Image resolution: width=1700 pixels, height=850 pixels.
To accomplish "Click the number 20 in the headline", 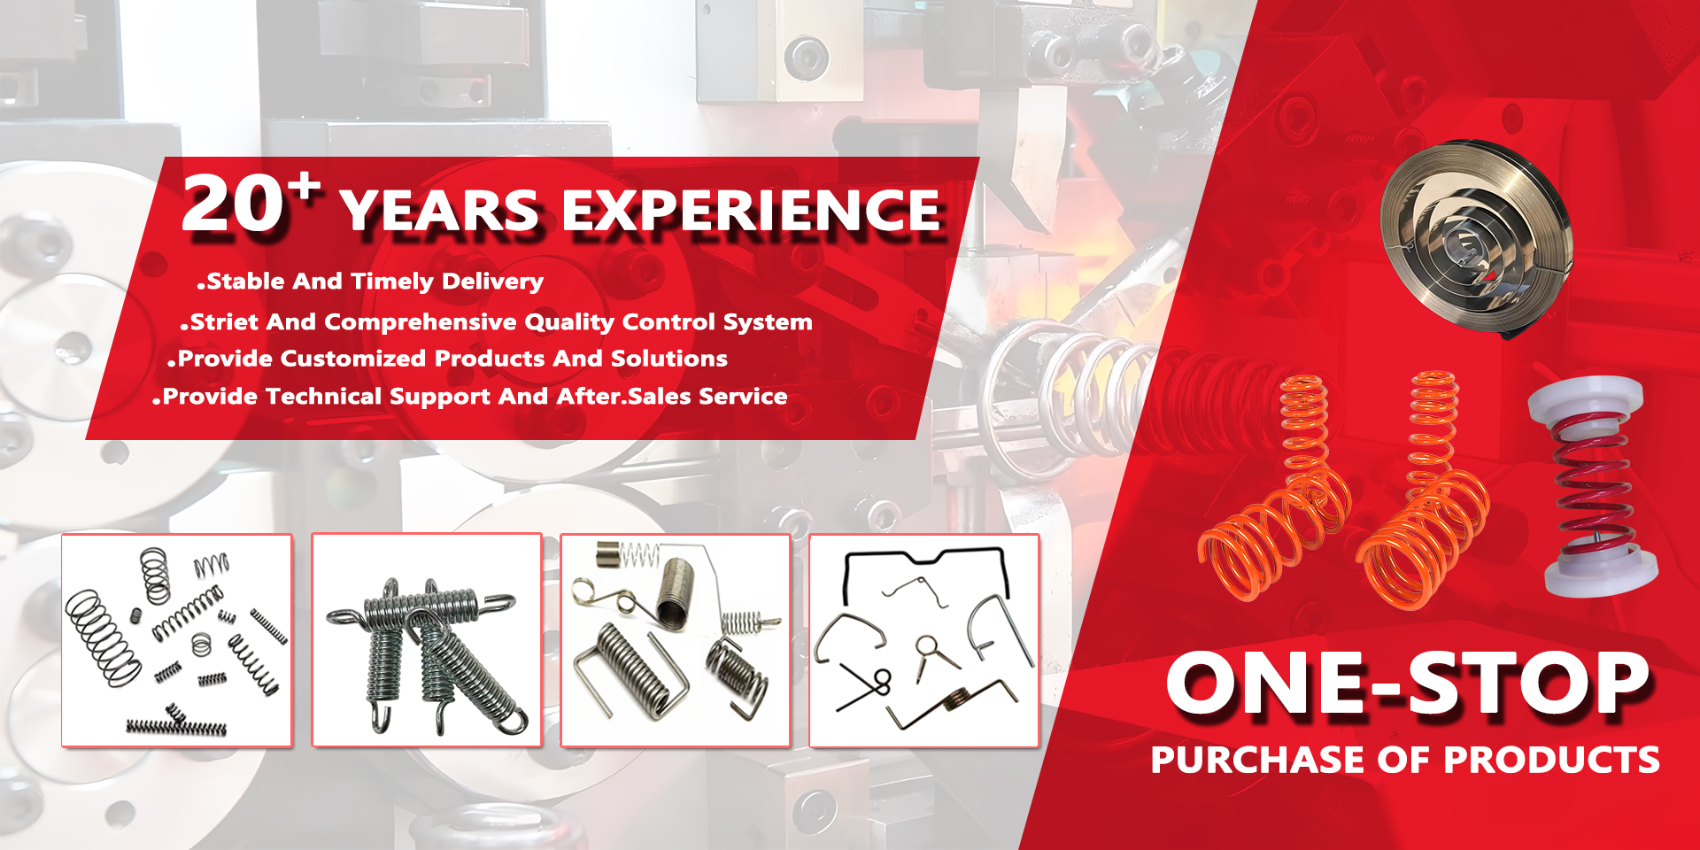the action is [233, 204].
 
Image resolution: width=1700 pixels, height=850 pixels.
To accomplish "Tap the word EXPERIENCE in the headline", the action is [751, 211].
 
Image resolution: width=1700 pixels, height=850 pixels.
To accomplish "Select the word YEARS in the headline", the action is [440, 211].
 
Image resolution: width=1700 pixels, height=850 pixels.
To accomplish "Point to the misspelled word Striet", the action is [224, 321].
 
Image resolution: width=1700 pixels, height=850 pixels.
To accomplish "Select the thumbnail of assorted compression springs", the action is [177, 640].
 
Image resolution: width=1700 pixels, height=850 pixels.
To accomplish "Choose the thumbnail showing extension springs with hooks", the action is [427, 640].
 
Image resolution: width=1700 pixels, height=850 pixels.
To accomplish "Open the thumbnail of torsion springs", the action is [676, 640].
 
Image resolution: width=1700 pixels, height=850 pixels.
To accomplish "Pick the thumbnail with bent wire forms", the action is [924, 640].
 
